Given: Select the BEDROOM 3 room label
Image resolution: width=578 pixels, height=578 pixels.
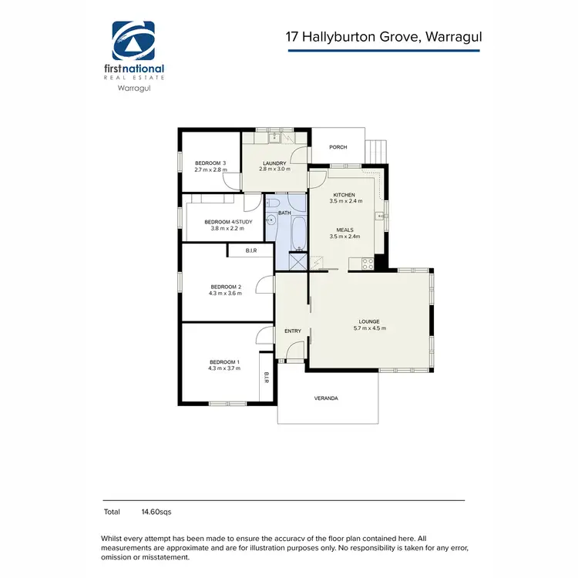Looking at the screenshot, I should coord(210,163).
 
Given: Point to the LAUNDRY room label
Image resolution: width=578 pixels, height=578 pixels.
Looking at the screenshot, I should coord(274,163).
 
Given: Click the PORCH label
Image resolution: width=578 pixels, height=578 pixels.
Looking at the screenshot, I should coord(338,147).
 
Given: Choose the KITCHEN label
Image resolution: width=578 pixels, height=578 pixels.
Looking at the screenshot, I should coord(344,195).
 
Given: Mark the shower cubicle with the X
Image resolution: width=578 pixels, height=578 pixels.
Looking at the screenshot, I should coord(298,261).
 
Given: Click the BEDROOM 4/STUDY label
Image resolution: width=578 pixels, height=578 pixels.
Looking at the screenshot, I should coord(223,221).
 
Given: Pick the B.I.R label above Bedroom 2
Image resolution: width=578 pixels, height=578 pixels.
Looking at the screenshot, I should coord(250,250).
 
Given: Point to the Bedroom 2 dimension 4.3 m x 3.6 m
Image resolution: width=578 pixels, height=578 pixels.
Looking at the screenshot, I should coord(225,293).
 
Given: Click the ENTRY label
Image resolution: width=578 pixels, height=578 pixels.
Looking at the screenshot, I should coord(293,331).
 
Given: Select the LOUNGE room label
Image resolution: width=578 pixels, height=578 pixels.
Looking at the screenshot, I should coord(368,321).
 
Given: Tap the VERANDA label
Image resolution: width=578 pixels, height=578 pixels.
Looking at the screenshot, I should coord(326,398).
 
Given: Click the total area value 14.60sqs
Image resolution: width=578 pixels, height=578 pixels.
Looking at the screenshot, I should coord(156,511).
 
